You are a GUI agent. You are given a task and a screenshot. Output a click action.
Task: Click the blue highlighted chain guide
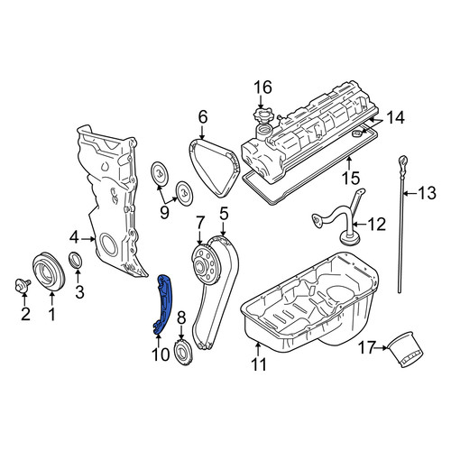pyautogui.click(x=162, y=304)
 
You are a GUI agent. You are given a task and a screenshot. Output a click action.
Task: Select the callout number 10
pyautogui.click(x=161, y=354)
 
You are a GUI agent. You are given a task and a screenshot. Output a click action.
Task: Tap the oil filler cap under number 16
pyautogui.click(x=263, y=116)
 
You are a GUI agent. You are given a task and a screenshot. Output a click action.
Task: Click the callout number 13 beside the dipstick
pyautogui.click(x=428, y=193)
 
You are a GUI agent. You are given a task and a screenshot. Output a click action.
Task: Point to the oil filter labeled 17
pyautogui.click(x=406, y=349)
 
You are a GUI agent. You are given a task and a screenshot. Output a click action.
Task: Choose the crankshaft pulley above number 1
pyautogui.click(x=48, y=272)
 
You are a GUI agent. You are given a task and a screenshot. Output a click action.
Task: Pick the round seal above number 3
pyautogui.click(x=76, y=260)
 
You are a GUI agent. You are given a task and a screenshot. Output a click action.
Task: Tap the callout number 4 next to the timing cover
pyautogui.click(x=74, y=238)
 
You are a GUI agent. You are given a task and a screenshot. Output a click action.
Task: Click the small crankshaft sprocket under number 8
pyautogui.click(x=183, y=353)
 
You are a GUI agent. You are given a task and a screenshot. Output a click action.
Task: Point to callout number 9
pyautogui.click(x=164, y=213)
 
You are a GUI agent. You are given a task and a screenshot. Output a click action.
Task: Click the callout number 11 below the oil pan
pyautogui.click(x=259, y=364)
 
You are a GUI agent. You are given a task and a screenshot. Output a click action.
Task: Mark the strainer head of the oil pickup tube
pyautogui.click(x=349, y=239)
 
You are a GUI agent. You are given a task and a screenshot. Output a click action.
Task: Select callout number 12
pyautogui.click(x=376, y=225)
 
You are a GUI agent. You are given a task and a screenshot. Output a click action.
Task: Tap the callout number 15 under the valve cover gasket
pyautogui.click(x=351, y=178)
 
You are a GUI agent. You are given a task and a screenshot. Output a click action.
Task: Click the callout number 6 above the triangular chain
pyautogui.click(x=203, y=117)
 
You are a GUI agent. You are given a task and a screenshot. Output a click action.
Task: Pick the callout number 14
pyautogui.click(x=395, y=117)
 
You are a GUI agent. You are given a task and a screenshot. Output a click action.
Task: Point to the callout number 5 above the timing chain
pyautogui.click(x=224, y=214)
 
